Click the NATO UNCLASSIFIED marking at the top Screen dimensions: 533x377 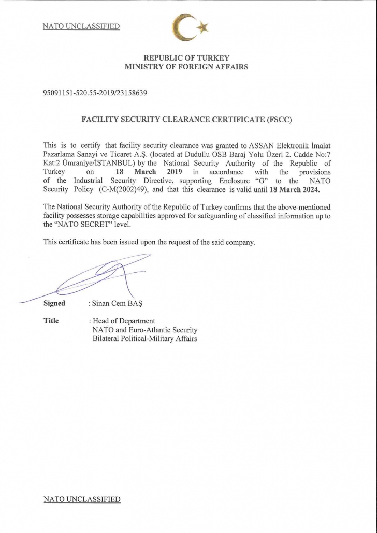pos(81,26)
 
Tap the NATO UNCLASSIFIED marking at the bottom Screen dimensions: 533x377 pos(82,499)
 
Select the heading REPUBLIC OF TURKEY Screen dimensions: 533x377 pos(186,58)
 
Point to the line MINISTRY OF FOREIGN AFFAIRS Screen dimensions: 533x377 pos(186,67)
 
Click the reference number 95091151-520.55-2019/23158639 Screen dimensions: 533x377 pos(96,93)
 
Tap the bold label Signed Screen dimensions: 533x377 pos(54,304)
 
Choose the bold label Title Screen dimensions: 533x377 pos(51,321)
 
